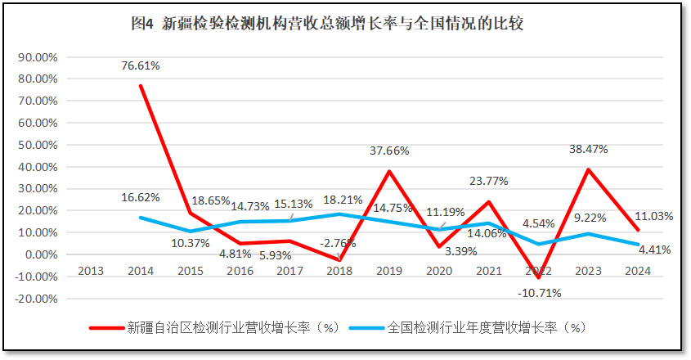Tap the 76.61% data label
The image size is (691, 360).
coord(141,65)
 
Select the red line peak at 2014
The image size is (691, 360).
coord(141,86)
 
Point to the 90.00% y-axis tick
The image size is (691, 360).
coord(37,57)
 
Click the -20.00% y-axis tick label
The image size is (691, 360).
coord(36,299)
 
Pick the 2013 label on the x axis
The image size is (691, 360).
coord(91,272)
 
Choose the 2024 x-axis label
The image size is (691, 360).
coord(639,272)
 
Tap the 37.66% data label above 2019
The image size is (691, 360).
coord(389,151)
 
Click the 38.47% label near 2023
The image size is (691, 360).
coord(590,151)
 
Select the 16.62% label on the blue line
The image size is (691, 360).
coord(141,197)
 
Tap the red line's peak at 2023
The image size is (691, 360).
coord(589,169)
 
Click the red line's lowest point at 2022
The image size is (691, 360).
coord(539,278)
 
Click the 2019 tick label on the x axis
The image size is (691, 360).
coord(389,272)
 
